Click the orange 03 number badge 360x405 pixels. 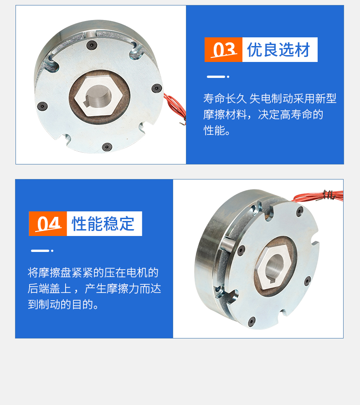(223, 50)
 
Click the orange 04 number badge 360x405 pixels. (48, 224)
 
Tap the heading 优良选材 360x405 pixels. (278, 50)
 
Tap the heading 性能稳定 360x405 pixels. (103, 224)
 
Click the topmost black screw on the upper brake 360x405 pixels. (92, 45)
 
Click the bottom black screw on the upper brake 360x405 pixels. (107, 147)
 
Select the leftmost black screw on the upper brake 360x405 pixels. (42, 106)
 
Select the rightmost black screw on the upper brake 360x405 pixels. (156, 88)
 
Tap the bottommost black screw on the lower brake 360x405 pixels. (252, 322)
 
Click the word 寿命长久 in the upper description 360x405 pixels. (225, 99)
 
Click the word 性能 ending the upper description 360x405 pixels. (214, 130)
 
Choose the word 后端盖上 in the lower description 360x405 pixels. (49, 289)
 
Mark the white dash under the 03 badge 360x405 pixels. (216, 77)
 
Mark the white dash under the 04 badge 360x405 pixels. (40, 251)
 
